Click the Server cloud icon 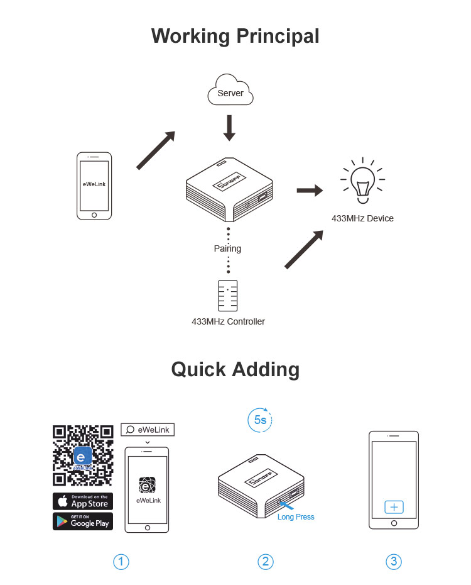230,92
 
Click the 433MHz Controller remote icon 228,295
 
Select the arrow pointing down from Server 229,127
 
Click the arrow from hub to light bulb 309,191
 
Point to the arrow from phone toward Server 156,150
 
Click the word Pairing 227,248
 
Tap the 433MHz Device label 362,218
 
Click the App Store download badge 83,501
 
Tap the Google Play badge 83,521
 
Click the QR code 83,456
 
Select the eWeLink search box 148,430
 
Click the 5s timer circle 260,420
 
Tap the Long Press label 296,517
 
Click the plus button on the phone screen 394,507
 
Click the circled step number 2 265,561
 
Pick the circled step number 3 394,561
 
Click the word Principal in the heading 277,36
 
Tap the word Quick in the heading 198,369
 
